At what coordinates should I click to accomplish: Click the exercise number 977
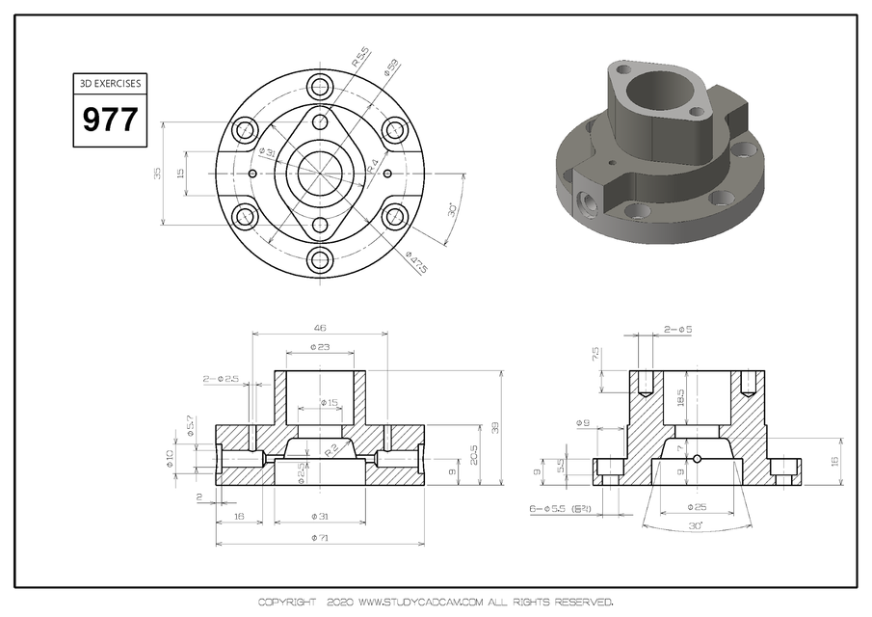[x=109, y=121]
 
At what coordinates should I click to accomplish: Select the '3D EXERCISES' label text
[x=109, y=84]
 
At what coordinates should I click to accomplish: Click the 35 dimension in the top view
[x=157, y=174]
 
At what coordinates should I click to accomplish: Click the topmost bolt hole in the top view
[x=319, y=88]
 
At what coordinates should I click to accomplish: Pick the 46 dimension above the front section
[x=319, y=328]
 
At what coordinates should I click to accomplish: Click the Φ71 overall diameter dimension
[x=319, y=538]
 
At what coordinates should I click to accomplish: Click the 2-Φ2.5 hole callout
[x=221, y=379]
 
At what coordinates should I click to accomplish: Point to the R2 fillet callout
[x=330, y=449]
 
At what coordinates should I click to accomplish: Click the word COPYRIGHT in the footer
[x=286, y=603]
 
